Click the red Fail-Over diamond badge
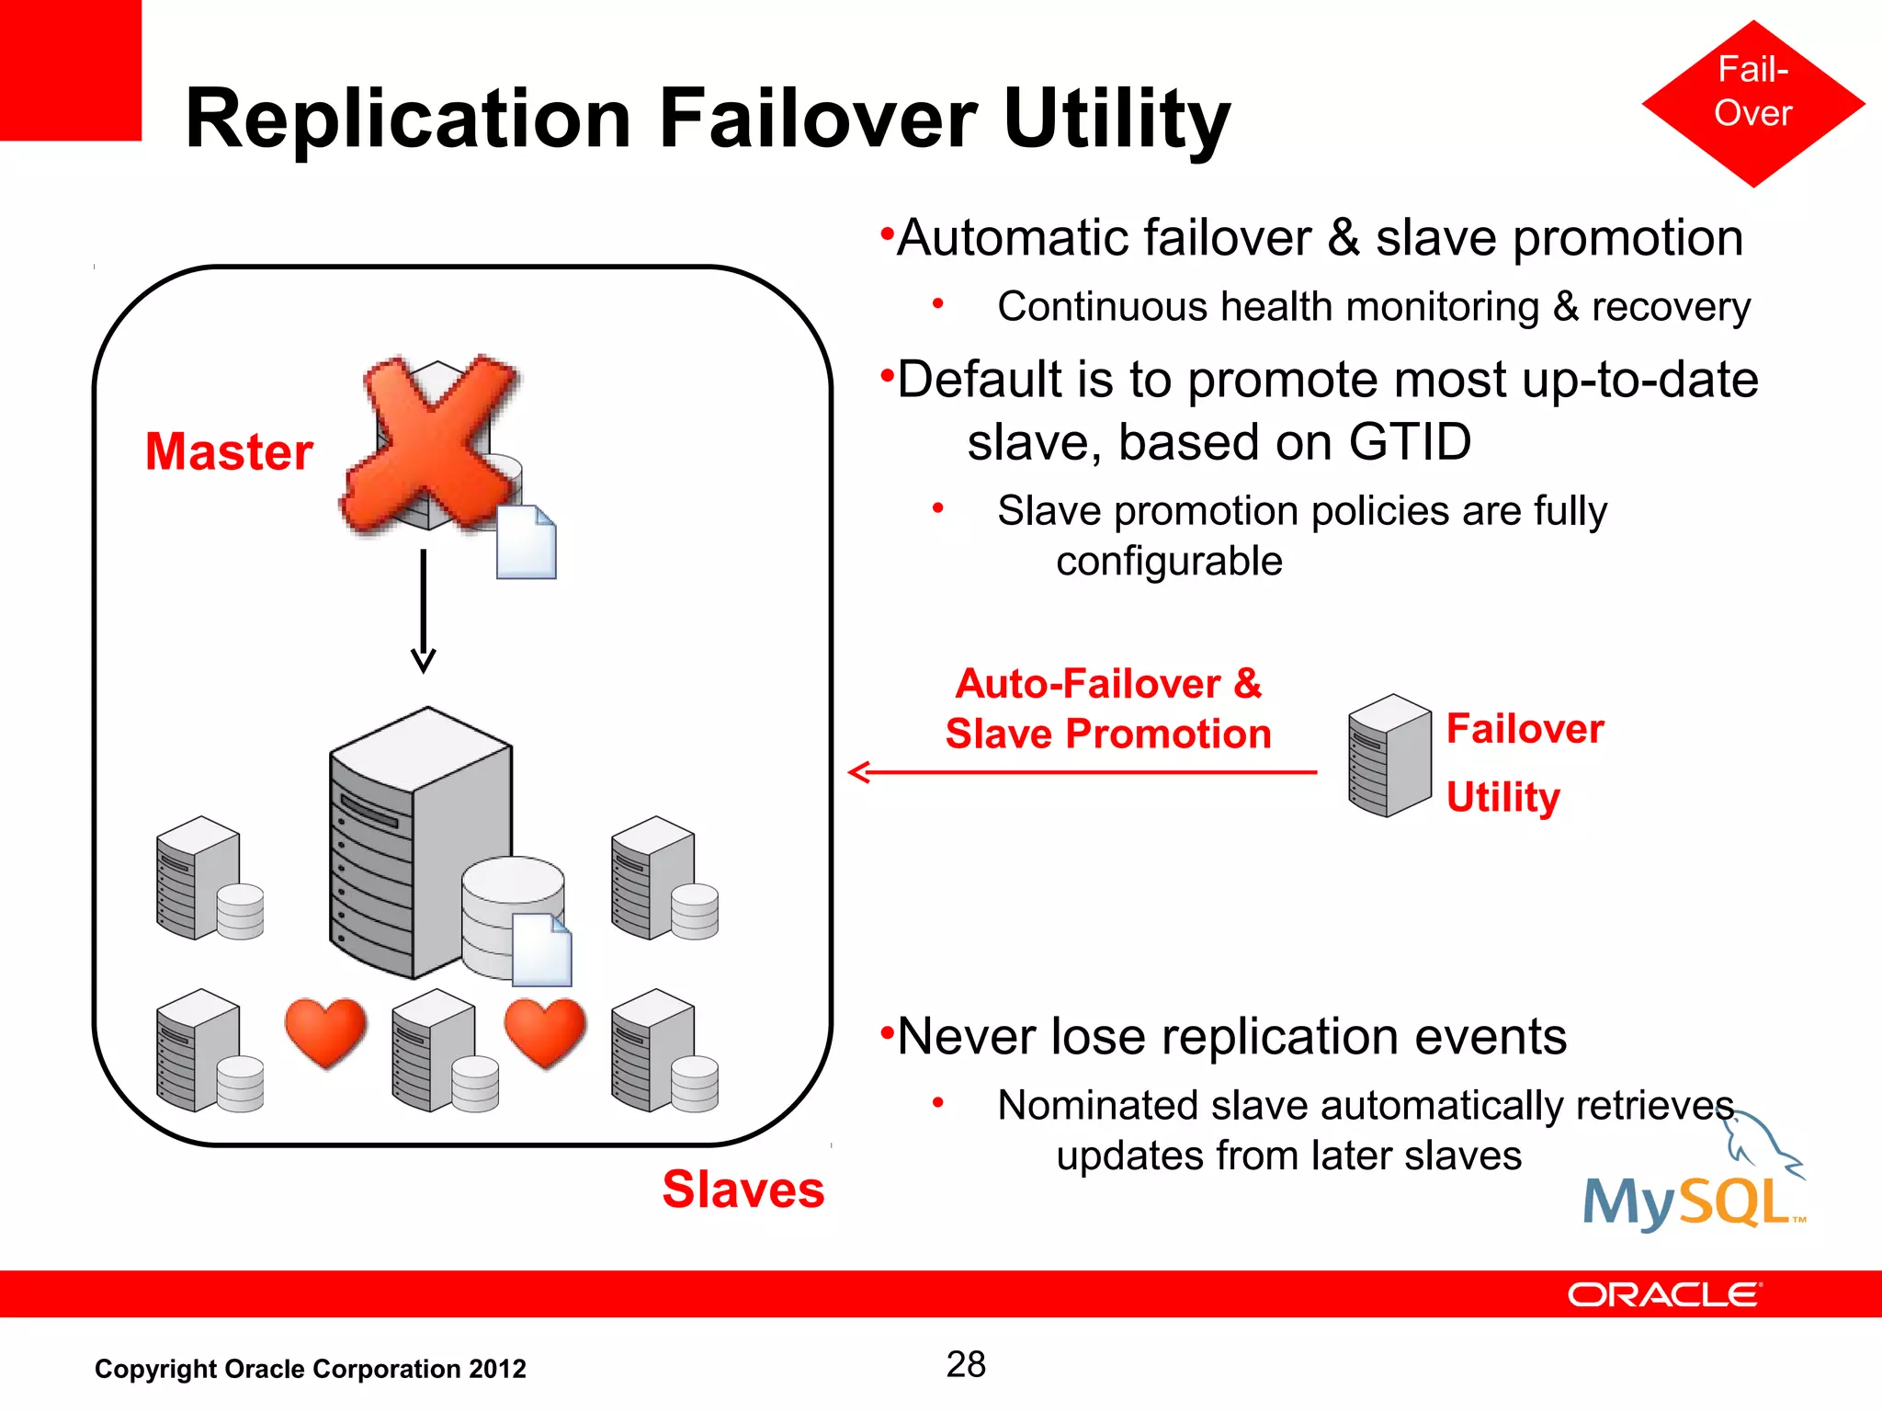click(1752, 103)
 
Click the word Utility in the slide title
click(1116, 120)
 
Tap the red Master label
click(229, 451)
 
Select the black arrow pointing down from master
click(424, 611)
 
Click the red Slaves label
click(743, 1190)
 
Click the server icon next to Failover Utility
click(1389, 756)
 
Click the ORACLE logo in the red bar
click(1663, 1294)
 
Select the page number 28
click(966, 1364)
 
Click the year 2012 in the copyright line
click(497, 1369)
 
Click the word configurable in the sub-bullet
click(1168, 561)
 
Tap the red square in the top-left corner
click(70, 70)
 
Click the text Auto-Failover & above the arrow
click(1108, 684)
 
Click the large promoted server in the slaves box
click(418, 841)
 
